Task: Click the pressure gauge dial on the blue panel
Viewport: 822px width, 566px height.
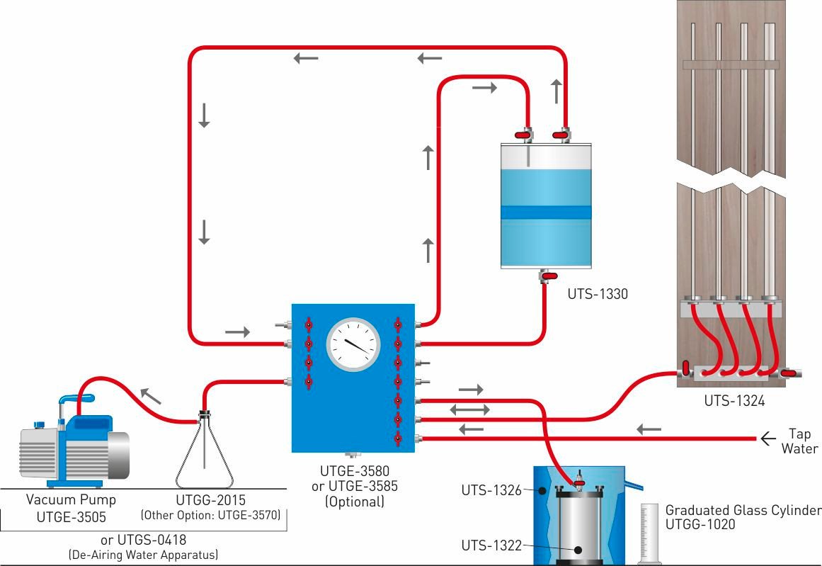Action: [x=353, y=344]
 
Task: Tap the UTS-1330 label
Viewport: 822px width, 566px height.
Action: [x=598, y=293]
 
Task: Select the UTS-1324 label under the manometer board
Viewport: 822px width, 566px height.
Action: [x=734, y=401]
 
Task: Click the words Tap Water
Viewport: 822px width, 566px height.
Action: [x=799, y=441]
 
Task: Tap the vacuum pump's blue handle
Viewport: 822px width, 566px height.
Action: [x=68, y=400]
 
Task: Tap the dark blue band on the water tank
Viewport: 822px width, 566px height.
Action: [x=545, y=213]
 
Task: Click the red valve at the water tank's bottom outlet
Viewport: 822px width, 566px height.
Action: [x=547, y=275]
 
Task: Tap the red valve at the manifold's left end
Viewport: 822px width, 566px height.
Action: [x=686, y=368]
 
